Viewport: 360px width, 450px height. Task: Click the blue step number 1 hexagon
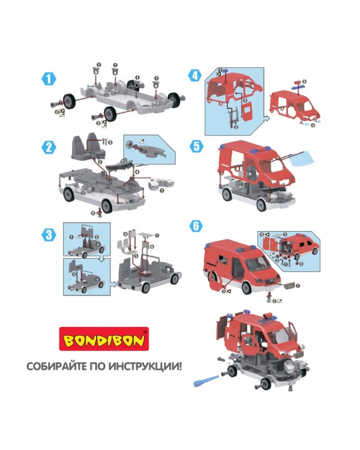[49, 79]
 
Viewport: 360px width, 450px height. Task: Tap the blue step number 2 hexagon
[49, 147]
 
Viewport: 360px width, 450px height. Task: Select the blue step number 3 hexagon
[49, 235]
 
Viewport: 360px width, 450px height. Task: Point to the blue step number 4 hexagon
[194, 76]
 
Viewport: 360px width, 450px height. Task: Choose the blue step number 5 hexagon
[196, 146]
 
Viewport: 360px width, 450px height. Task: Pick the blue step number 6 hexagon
[196, 226]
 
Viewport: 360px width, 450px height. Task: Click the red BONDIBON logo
[104, 339]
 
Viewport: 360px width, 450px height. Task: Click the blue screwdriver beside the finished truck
[206, 380]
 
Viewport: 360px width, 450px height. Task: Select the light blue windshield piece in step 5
[302, 159]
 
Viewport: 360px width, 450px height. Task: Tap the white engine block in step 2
[161, 184]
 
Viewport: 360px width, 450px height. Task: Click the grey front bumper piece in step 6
[288, 285]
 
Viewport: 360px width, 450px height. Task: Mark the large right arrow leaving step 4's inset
[266, 119]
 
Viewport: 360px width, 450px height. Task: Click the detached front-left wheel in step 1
[69, 101]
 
